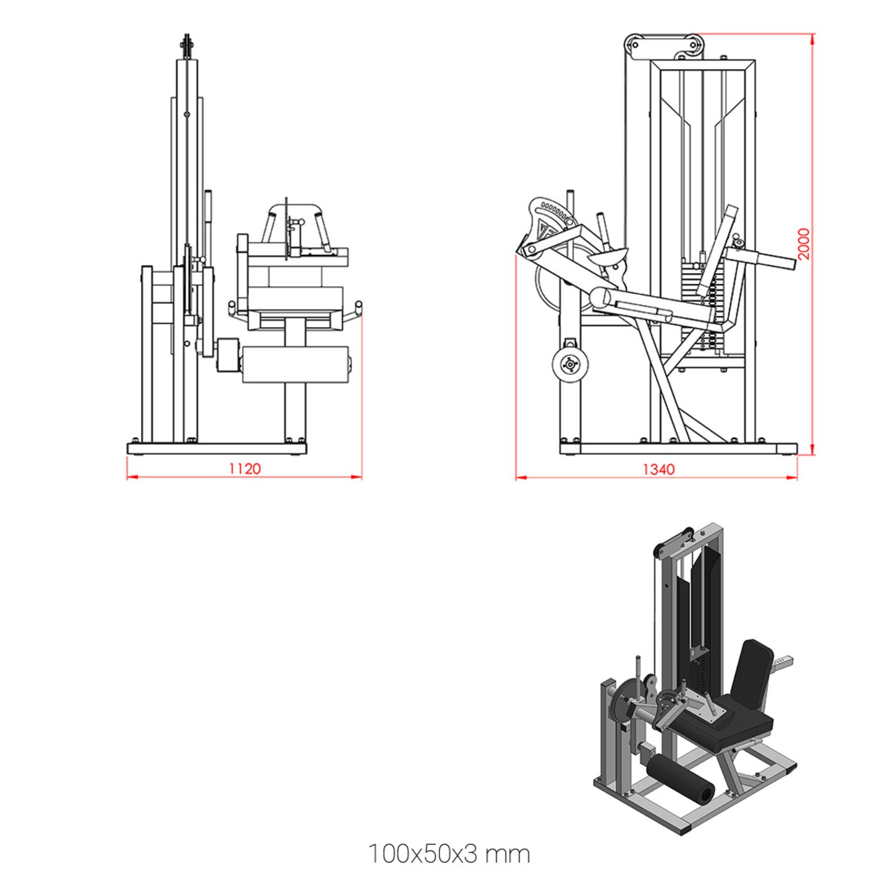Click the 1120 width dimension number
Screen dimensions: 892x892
[244, 468]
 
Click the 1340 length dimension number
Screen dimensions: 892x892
[658, 469]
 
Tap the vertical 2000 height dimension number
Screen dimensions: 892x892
[803, 244]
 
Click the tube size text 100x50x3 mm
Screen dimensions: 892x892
[449, 854]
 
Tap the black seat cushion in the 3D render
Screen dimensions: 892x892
[725, 725]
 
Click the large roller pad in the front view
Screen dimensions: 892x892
[295, 365]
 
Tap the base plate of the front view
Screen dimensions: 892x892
[217, 448]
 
